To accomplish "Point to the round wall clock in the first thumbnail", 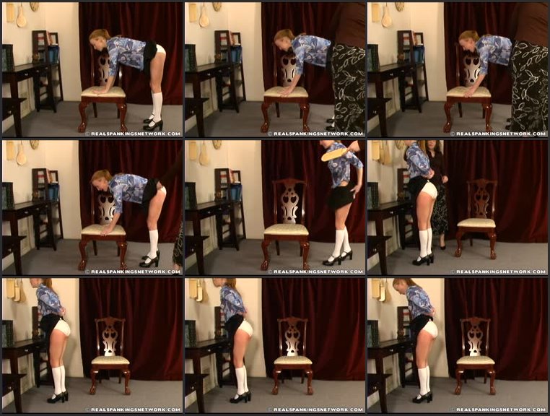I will [34, 6].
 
